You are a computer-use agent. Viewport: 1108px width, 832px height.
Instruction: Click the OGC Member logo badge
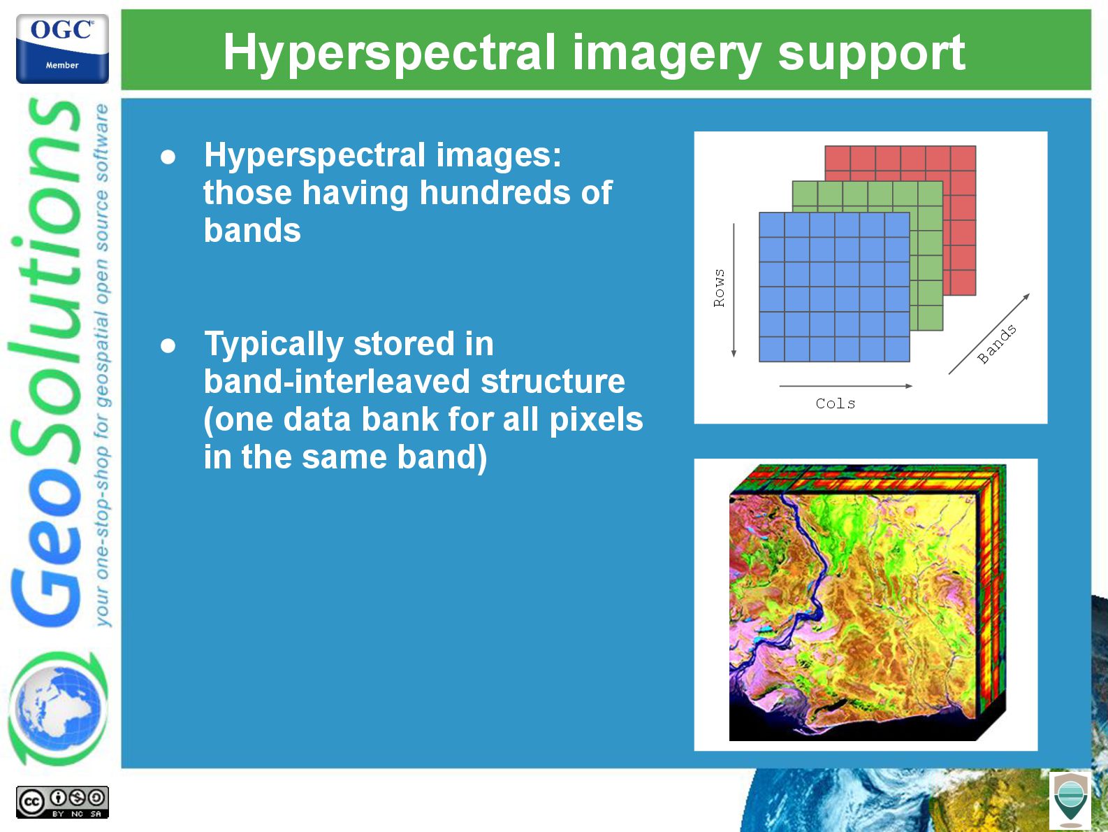click(x=62, y=48)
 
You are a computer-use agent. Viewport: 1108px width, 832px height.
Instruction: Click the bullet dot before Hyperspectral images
click(x=168, y=157)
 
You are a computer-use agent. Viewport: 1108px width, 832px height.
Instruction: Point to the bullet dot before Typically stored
click(x=168, y=346)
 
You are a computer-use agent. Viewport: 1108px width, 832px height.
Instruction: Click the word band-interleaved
click(x=337, y=382)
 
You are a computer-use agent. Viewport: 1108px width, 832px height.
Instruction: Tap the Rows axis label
click(x=719, y=288)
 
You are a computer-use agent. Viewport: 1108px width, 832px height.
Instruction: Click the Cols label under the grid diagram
click(x=836, y=403)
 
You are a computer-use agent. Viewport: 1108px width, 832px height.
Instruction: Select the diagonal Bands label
click(x=996, y=344)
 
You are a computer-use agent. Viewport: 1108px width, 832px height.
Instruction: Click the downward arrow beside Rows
click(x=734, y=290)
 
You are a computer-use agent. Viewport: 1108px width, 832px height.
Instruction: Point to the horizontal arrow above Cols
click(x=846, y=387)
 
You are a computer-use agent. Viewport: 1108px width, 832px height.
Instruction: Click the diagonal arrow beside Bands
click(x=989, y=334)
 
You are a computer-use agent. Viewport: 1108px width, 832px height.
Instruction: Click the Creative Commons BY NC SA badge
click(x=62, y=802)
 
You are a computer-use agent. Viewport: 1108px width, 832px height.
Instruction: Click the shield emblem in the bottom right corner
click(x=1070, y=801)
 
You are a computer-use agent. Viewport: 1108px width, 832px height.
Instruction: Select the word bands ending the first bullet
click(x=252, y=231)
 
